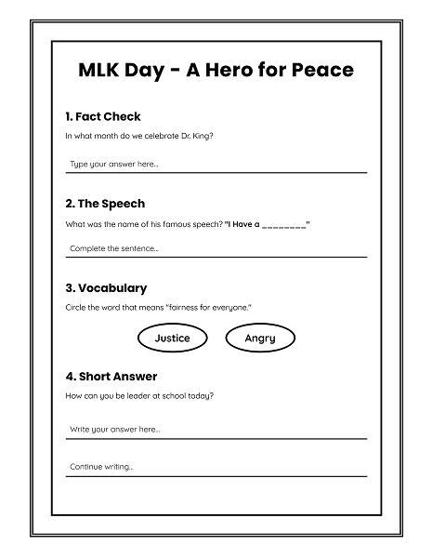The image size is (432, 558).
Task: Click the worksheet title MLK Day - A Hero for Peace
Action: click(216, 71)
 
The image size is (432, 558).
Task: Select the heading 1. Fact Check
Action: click(103, 116)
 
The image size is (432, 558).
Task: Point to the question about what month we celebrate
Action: click(139, 136)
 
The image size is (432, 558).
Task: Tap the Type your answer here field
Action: click(216, 165)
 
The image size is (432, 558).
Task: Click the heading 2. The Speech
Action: click(105, 203)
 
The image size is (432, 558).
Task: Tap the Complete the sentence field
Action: click(216, 248)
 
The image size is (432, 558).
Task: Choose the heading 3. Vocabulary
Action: click(106, 288)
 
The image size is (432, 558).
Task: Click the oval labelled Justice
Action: click(172, 339)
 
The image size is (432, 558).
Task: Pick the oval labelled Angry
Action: click(260, 339)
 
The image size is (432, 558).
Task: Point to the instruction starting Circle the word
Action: click(158, 308)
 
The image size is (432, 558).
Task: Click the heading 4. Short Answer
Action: click(111, 377)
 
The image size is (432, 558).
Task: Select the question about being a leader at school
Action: click(140, 396)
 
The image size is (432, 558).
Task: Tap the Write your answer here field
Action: click(216, 430)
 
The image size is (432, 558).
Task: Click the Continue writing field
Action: click(216, 467)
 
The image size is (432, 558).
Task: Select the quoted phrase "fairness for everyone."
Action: click(212, 308)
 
